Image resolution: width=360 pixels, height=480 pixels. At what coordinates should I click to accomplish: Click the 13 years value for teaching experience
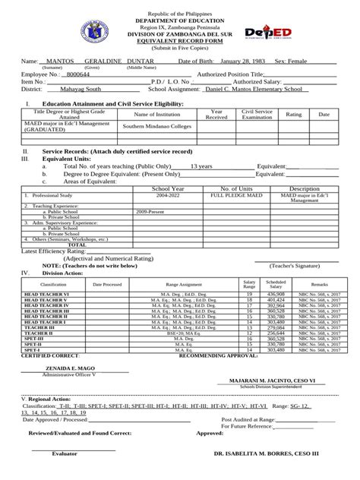pyautogui.click(x=201, y=165)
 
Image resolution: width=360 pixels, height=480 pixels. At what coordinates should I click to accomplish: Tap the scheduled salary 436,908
pyautogui.click(x=276, y=292)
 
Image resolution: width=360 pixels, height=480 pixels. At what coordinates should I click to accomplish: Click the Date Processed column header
pyautogui.click(x=107, y=283)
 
